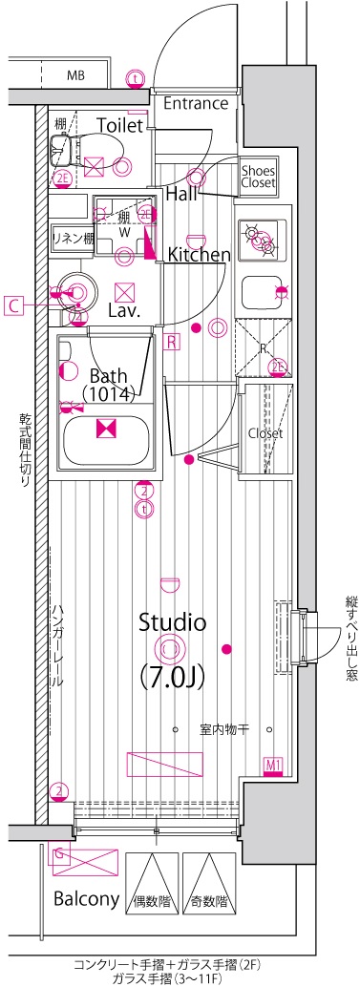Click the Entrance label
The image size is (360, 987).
point(196,103)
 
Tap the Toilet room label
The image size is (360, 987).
point(119,125)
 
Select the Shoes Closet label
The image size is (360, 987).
point(258,177)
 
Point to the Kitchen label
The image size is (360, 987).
point(199,254)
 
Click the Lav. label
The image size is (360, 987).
point(124,310)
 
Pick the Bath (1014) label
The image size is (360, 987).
point(108,385)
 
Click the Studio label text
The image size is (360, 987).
point(173,622)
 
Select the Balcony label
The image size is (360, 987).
point(86,899)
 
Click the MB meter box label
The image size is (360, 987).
point(76,77)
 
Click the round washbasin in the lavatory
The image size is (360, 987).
point(74,291)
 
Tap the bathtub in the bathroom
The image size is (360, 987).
point(106,430)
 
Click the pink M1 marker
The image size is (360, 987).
point(272,766)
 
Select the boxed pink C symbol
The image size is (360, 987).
point(12,305)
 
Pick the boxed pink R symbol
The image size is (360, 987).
point(171,342)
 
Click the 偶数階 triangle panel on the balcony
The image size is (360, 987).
point(152,883)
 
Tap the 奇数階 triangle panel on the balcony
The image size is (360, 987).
point(208,883)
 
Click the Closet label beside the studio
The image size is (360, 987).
point(265,433)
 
